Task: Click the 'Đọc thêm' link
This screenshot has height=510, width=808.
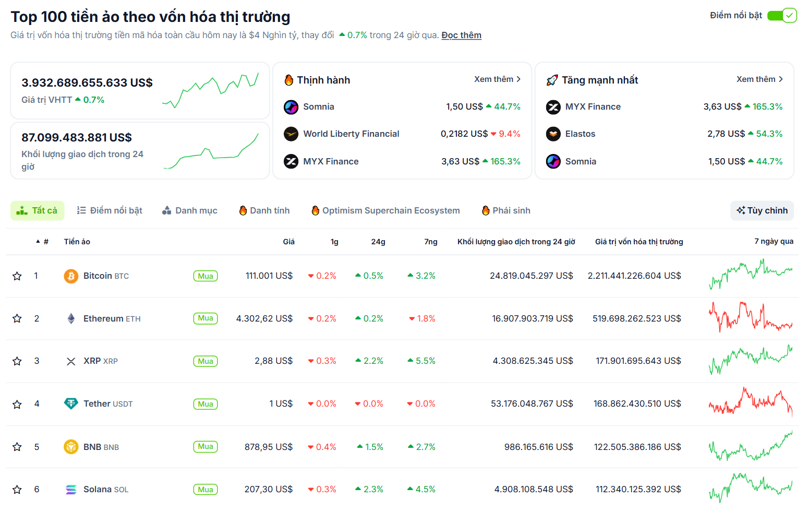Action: [461, 35]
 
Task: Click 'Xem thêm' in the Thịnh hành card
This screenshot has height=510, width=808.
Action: [497, 79]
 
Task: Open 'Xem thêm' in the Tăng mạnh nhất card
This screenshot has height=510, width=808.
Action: [759, 79]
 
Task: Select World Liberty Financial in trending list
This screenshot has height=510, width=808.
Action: [351, 134]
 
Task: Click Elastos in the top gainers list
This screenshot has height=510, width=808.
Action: [580, 134]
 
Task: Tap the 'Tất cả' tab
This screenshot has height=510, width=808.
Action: [38, 210]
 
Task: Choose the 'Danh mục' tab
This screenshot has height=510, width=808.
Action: [190, 210]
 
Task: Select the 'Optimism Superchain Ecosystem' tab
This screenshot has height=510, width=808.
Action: [385, 210]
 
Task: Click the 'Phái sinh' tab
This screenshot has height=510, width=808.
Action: [506, 210]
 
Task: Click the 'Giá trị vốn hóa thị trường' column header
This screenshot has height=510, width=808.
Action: [639, 242]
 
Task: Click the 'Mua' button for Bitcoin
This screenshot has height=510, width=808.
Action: [206, 276]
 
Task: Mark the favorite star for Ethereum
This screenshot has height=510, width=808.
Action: [17, 318]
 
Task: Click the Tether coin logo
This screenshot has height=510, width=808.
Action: [71, 404]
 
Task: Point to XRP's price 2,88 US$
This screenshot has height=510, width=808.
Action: [273, 361]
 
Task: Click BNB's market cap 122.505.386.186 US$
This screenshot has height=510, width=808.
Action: [637, 447]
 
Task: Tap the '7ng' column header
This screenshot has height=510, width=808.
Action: [430, 242]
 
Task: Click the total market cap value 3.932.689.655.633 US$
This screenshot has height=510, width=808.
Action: [87, 82]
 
